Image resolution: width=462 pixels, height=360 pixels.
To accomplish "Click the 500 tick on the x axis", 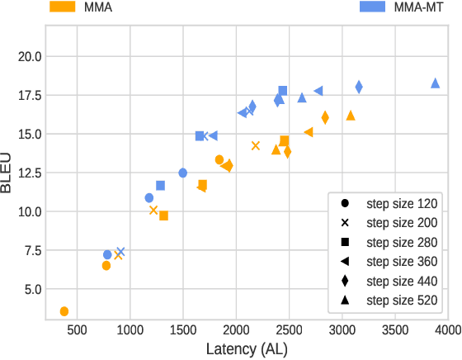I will coord(77,330).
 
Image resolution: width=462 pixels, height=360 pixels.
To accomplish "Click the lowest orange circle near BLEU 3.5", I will coord(64,311).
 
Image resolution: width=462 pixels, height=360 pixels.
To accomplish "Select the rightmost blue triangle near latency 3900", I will coord(436,83).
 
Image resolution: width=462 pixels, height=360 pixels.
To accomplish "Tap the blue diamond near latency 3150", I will coord(359,87).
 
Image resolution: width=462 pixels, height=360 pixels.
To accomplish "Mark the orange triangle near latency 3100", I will coord(351,116).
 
